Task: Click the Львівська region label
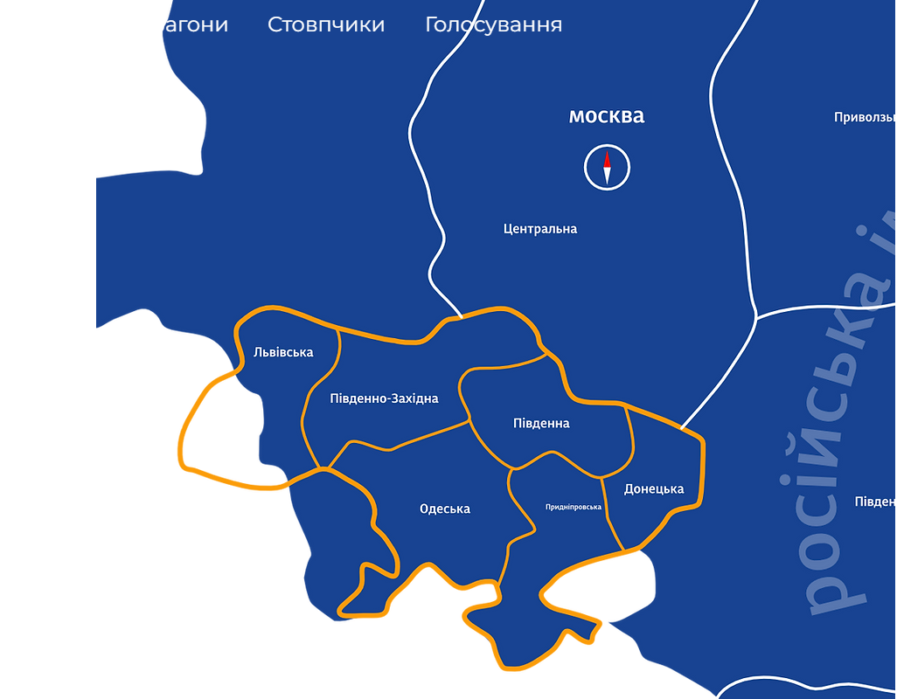point(283,352)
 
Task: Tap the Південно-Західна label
point(384,398)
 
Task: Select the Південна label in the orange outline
point(541,423)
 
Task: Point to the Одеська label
point(444,509)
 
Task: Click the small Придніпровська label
point(574,507)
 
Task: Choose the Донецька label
point(654,488)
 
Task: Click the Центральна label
point(540,229)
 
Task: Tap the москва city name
point(607,116)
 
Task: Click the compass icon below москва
point(607,167)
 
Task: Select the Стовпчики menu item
point(326,24)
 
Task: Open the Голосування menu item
point(493,24)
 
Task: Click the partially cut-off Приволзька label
point(865,117)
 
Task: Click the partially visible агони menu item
point(194,24)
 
